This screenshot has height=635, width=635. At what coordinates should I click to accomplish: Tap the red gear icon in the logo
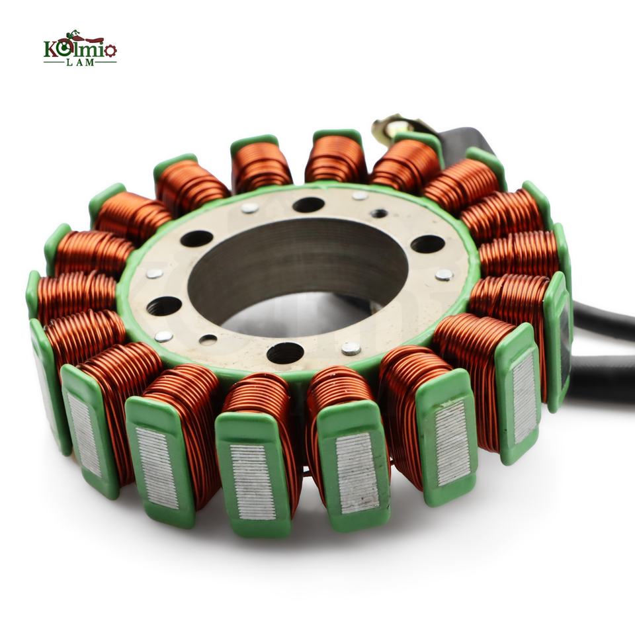click(111, 50)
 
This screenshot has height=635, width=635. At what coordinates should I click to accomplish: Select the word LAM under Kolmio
click(80, 62)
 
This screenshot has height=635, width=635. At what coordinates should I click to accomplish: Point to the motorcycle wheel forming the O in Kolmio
click(64, 49)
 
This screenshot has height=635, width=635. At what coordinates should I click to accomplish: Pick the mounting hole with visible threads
click(164, 306)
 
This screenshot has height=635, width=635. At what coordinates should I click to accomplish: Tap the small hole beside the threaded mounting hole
click(208, 339)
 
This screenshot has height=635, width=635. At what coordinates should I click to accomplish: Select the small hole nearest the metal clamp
click(379, 213)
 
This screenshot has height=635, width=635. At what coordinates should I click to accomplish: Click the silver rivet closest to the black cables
click(444, 275)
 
